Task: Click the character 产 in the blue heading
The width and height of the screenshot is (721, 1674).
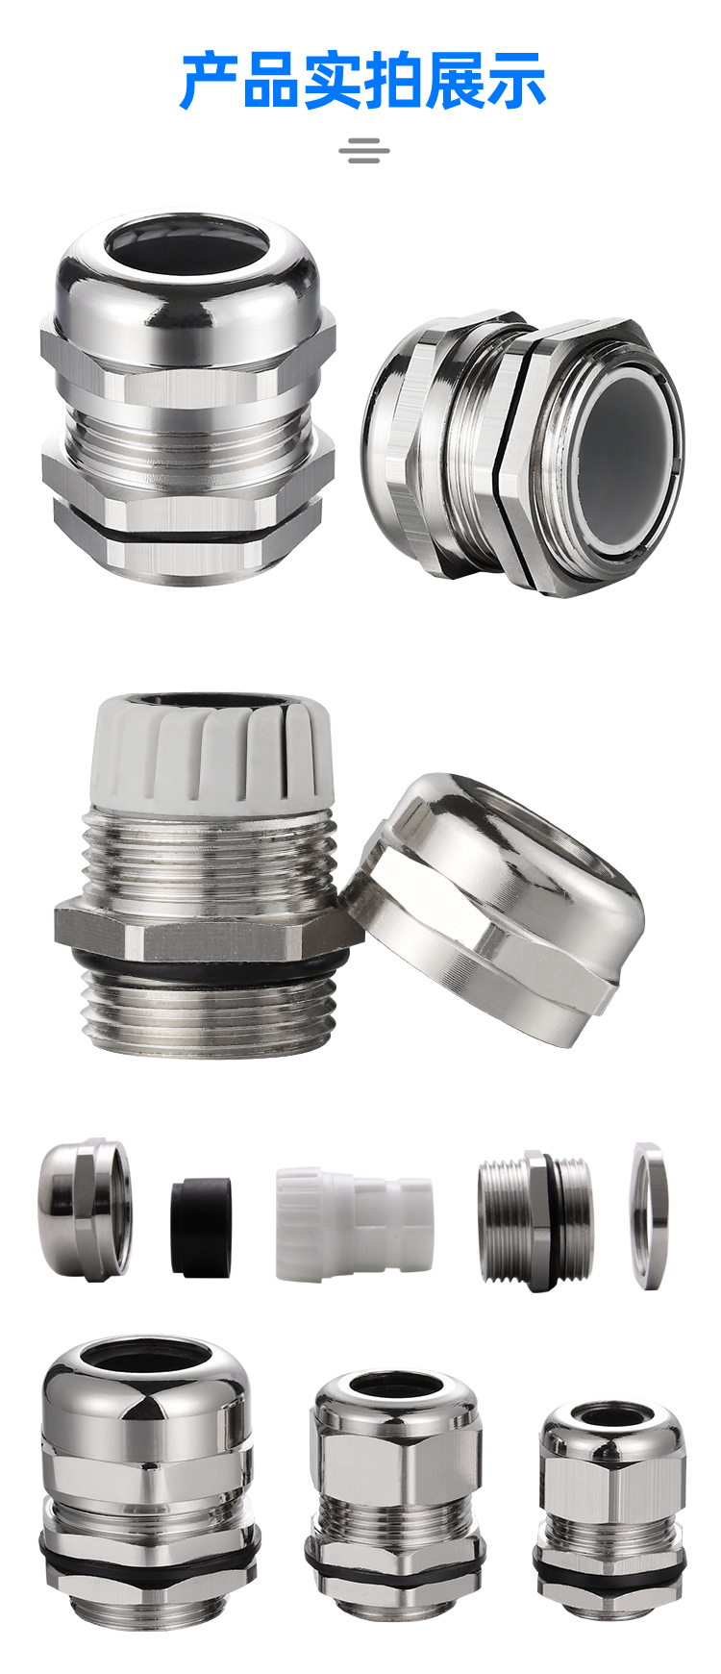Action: [x=209, y=81]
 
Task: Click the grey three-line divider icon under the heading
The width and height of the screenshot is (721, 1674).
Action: [x=364, y=151]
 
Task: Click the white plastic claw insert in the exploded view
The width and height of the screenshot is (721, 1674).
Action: [x=354, y=1223]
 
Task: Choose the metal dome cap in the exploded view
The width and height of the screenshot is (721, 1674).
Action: [x=85, y=1209]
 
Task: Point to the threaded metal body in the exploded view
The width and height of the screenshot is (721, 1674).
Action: [x=535, y=1219]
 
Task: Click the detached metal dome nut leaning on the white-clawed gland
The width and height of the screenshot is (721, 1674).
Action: [x=491, y=909]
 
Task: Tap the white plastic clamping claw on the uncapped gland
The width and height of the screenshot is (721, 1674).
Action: [x=212, y=749]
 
